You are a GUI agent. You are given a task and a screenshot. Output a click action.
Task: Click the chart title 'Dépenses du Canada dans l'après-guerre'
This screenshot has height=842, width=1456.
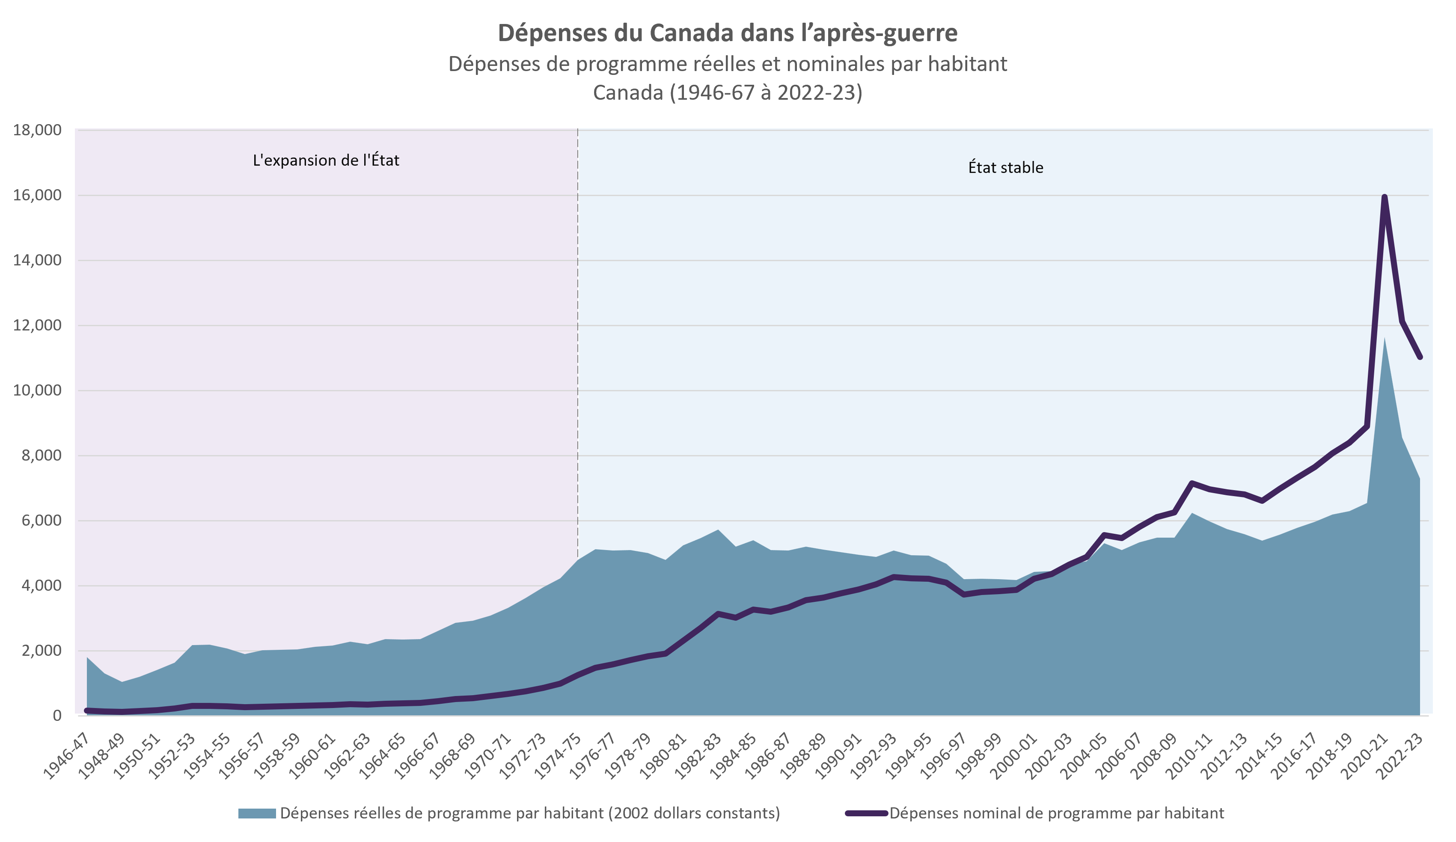[728, 33]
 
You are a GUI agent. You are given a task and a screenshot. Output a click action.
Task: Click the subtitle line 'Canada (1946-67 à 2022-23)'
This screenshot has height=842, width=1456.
[728, 92]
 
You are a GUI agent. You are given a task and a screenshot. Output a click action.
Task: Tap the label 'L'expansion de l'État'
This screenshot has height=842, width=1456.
[326, 160]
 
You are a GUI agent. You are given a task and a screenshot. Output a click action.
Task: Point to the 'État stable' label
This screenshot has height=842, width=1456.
[1005, 168]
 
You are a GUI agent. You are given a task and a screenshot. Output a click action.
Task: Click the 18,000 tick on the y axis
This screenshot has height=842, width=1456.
[37, 131]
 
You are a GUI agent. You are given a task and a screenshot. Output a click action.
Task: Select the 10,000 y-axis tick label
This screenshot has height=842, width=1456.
[37, 391]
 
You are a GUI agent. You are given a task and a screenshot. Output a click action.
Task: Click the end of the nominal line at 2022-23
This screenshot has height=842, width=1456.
[1420, 357]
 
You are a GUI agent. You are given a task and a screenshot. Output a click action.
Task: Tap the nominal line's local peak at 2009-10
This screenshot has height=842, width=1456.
[1192, 482]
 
